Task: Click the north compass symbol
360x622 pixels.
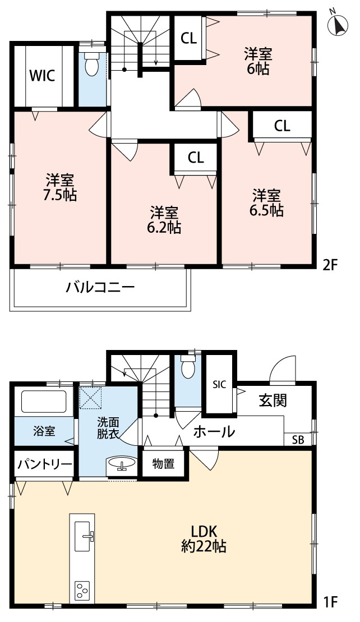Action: click(x=339, y=24)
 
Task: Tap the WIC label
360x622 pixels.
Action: click(x=43, y=76)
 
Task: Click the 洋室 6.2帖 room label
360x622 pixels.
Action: click(x=164, y=220)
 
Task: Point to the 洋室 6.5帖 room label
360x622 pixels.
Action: click(x=267, y=203)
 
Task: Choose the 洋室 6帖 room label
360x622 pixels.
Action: click(x=258, y=61)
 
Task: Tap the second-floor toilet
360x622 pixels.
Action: click(x=92, y=66)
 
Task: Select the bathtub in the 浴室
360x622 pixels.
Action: click(x=44, y=402)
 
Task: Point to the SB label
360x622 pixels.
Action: click(x=298, y=440)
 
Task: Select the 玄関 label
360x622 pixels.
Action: click(x=273, y=400)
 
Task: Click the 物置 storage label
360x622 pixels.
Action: click(x=163, y=464)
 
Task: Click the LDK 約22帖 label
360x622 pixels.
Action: click(x=204, y=538)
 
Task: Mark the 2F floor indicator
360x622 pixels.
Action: click(x=331, y=265)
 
